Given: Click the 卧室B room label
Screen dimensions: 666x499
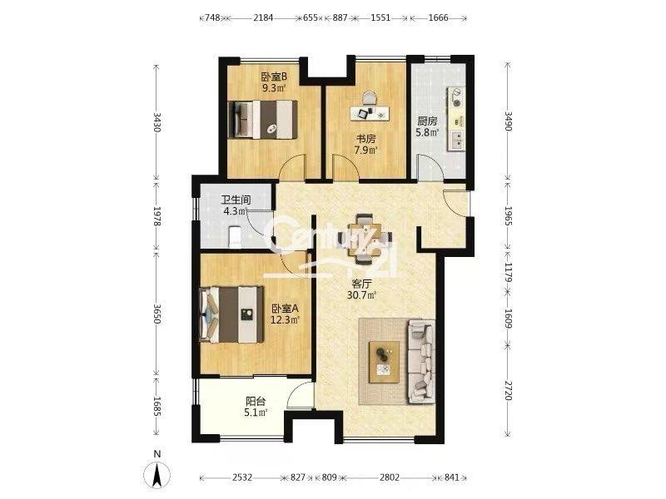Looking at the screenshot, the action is (274, 77).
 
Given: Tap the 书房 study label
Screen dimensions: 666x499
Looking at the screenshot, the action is (365, 138).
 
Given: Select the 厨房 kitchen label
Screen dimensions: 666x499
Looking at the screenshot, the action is (427, 121).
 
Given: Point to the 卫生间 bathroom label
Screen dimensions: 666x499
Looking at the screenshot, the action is (236, 200).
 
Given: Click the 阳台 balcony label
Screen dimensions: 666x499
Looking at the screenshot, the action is (256, 401).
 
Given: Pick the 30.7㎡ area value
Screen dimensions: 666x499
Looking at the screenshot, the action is (362, 295).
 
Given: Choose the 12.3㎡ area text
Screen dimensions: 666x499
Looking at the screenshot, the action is (286, 319).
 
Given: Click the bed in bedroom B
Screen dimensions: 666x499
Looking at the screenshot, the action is (262, 120).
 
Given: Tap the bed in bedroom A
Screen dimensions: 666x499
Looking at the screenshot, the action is (231, 314).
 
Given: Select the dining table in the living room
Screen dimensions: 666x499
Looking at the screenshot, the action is (365, 238).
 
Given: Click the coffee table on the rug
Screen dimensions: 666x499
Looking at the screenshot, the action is (385, 362).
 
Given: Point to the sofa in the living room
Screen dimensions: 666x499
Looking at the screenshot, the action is (421, 362).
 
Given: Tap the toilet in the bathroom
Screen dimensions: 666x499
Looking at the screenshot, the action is (235, 237).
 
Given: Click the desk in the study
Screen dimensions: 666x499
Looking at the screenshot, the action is (370, 113).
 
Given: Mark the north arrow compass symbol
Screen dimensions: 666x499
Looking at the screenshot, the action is (157, 473).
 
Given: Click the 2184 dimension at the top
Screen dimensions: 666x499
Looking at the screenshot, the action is (263, 17).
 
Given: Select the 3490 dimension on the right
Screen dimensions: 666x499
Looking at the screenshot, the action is (509, 121).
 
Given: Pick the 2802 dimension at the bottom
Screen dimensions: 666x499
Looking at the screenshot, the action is (390, 477).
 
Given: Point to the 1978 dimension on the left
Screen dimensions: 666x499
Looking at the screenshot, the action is (157, 216).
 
